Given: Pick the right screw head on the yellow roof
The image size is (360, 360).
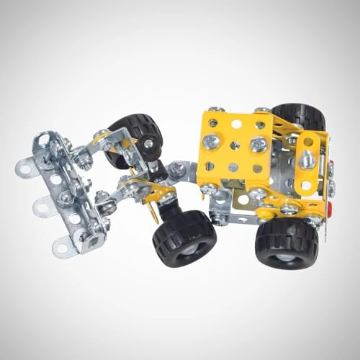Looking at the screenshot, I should (x=257, y=145).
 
